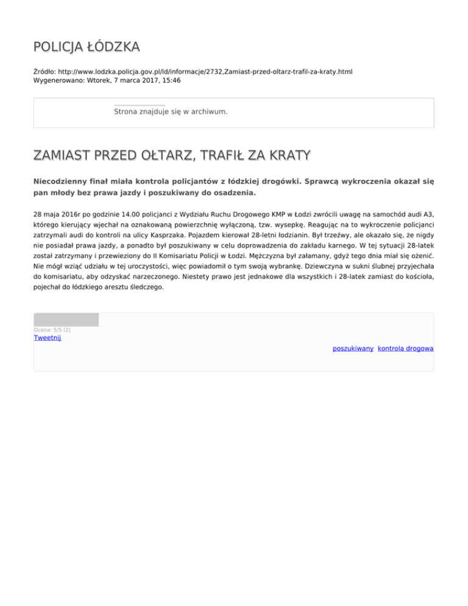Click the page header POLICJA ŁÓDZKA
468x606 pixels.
click(87, 47)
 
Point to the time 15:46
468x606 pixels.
click(171, 80)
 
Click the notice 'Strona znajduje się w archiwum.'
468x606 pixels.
click(171, 112)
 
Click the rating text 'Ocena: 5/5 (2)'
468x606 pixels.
click(52, 330)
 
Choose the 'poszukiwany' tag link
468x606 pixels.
click(353, 348)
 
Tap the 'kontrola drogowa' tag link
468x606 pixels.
click(406, 348)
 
